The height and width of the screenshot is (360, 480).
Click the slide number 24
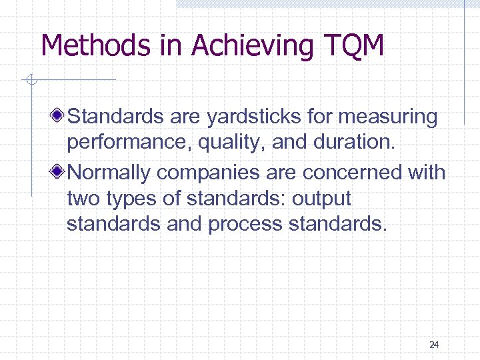pos(434,345)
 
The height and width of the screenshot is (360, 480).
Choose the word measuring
pos(388,117)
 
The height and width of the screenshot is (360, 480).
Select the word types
pos(131,199)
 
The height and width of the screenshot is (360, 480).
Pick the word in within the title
pos(172,46)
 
